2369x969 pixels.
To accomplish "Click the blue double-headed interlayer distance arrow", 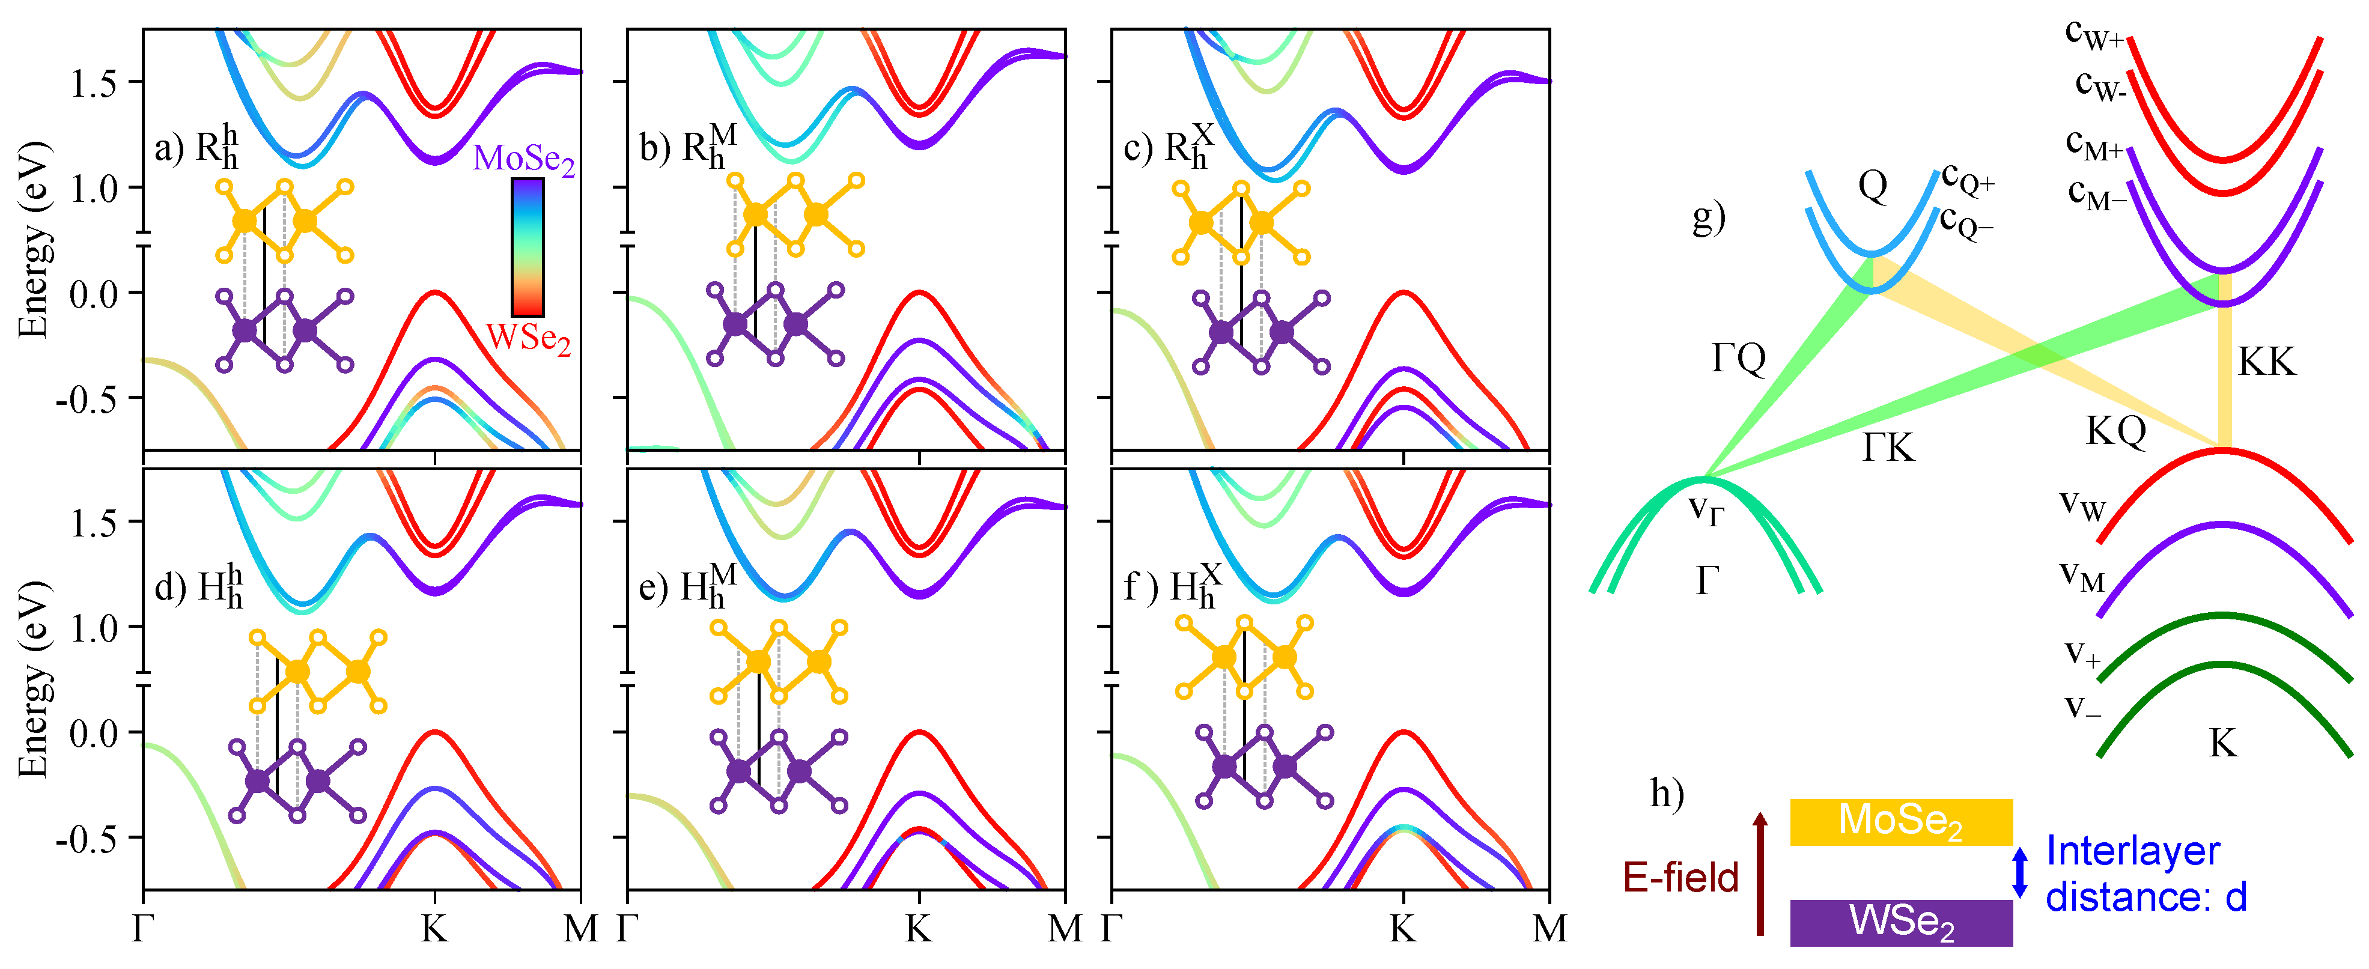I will tap(2019, 872).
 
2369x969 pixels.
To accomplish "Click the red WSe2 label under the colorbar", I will tap(528, 338).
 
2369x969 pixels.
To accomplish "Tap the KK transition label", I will tap(2266, 361).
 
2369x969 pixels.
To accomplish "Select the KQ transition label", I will tap(2115, 430).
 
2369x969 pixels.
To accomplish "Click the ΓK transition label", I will tap(1887, 447).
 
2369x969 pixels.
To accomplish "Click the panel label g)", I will tap(1708, 217).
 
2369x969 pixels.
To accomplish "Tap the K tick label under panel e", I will tap(918, 929).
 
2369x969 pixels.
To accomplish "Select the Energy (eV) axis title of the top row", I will tap(33, 239).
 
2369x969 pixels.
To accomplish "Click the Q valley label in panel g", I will tap(1872, 186).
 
